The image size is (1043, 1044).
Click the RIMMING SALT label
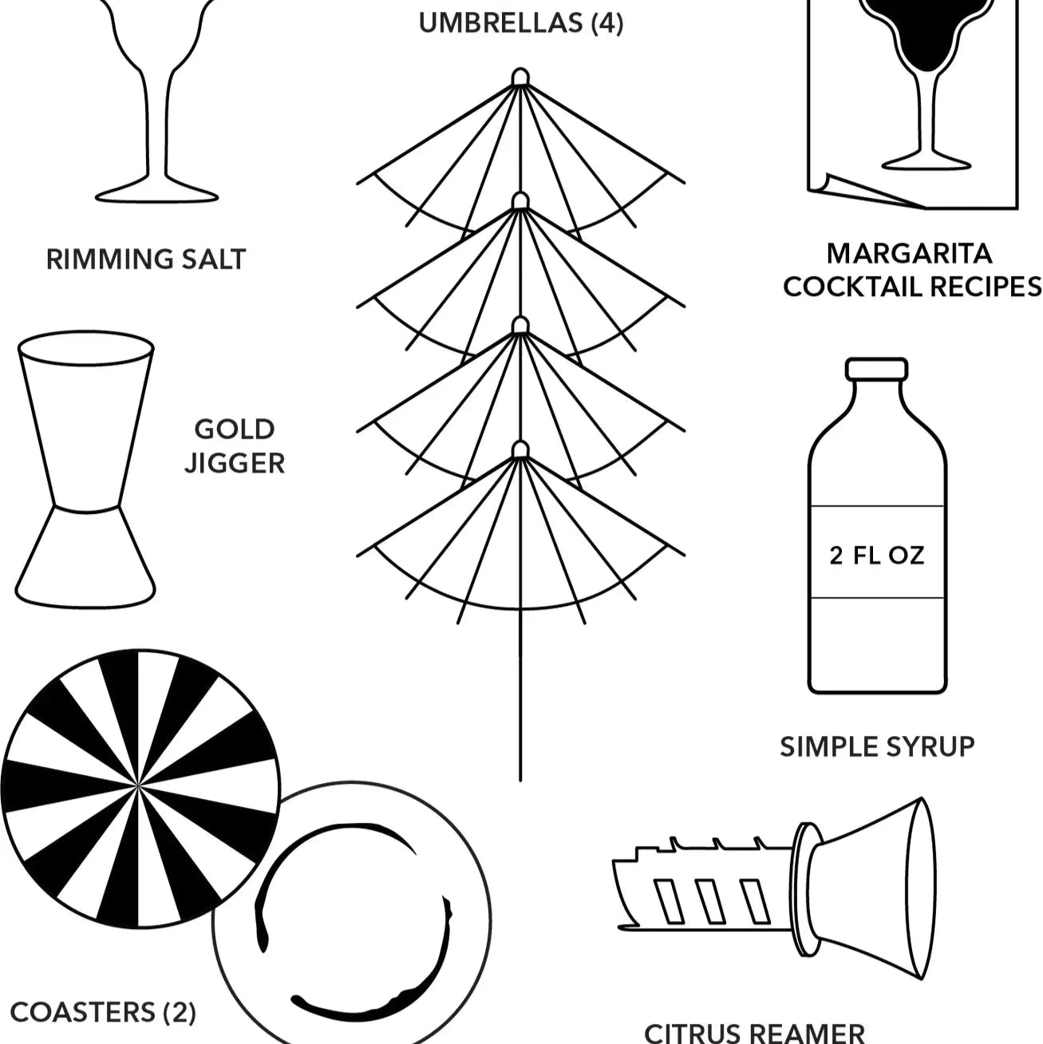click(x=146, y=259)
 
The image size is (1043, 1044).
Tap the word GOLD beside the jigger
click(x=235, y=429)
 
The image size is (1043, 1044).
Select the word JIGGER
click(x=235, y=464)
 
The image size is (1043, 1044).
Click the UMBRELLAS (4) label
click(x=521, y=23)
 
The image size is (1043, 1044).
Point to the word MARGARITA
click(x=909, y=254)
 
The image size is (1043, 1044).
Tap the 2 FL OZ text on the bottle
click(x=877, y=556)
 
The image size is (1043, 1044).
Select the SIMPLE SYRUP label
click(x=877, y=746)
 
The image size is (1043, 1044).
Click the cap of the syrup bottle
click(x=876, y=368)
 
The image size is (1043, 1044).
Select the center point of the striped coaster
click(x=139, y=784)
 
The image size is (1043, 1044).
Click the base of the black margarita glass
click(x=926, y=163)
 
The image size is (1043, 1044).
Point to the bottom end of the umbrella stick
click(x=520, y=781)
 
